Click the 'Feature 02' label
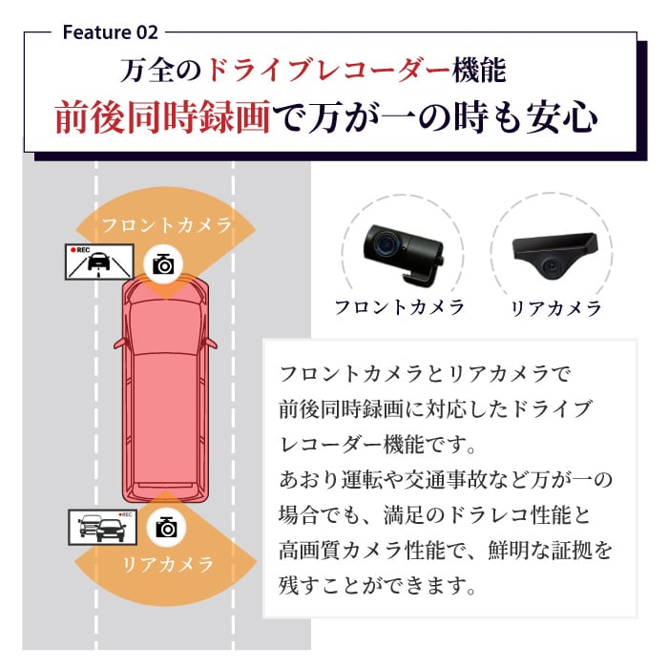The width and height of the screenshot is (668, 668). [x=110, y=31]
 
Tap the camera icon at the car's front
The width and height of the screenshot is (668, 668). [x=164, y=263]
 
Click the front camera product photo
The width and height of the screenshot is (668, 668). [x=400, y=249]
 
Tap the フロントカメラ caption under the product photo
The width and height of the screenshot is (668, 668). [x=400, y=307]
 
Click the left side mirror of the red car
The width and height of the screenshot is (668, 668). [x=117, y=341]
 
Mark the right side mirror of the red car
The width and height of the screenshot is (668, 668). [x=211, y=341]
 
